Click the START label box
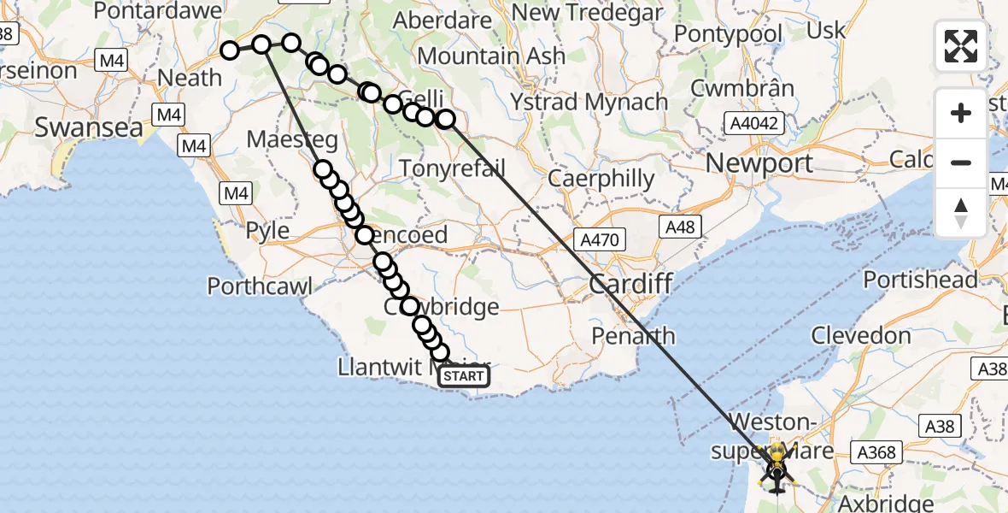click(464, 376)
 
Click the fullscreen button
click(961, 46)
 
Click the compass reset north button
click(961, 212)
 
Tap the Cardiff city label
click(631, 284)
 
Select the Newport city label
click(759, 162)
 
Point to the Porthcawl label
click(260, 285)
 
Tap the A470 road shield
click(601, 240)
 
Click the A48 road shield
click(680, 227)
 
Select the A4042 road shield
click(753, 124)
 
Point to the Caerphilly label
click(601, 180)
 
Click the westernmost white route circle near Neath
click(230, 50)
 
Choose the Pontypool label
click(729, 34)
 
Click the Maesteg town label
click(292, 139)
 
